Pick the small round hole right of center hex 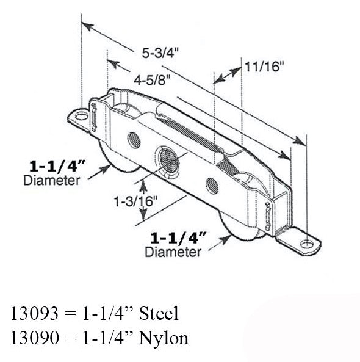[x=212, y=186]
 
